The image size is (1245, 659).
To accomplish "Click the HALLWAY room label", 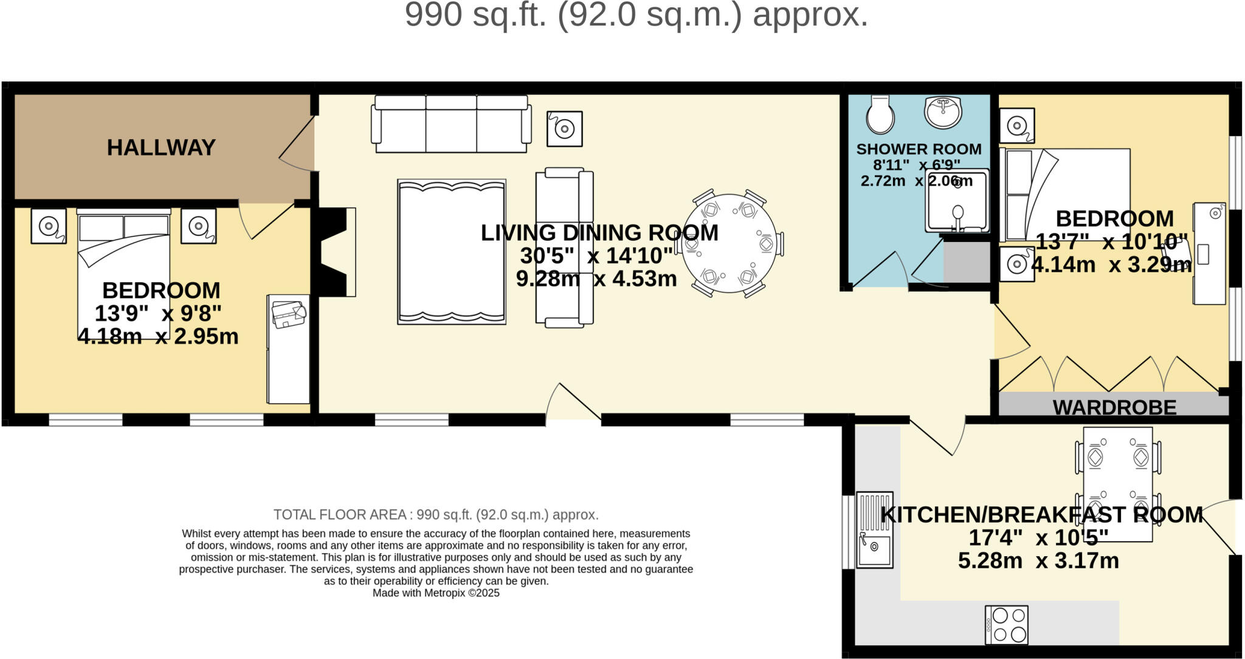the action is pos(161,148).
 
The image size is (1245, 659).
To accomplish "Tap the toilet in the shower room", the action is pos(880,114).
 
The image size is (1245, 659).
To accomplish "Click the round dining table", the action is pos(729,244).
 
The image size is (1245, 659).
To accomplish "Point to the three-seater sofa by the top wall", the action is pos(451,123).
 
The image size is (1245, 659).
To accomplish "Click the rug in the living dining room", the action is pos(452,252).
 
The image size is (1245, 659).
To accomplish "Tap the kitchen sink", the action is pos(875,530).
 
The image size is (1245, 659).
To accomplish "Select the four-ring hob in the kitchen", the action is pos(1007,624).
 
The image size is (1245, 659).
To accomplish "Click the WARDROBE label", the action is pos(1114,407).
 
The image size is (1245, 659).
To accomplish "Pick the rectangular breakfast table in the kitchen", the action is pos(1118,484).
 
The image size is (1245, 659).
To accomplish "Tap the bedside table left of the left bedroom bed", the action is pos(49,226).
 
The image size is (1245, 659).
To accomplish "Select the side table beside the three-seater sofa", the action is pos(565,129).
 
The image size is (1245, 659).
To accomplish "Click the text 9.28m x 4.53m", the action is pos(596,278).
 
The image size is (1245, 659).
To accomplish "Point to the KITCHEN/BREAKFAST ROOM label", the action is pos(1042,515).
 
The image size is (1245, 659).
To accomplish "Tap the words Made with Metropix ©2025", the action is pos(436,593).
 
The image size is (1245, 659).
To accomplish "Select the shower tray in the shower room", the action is pos(957,201).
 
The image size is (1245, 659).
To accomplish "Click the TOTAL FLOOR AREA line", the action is pos(436,515).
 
